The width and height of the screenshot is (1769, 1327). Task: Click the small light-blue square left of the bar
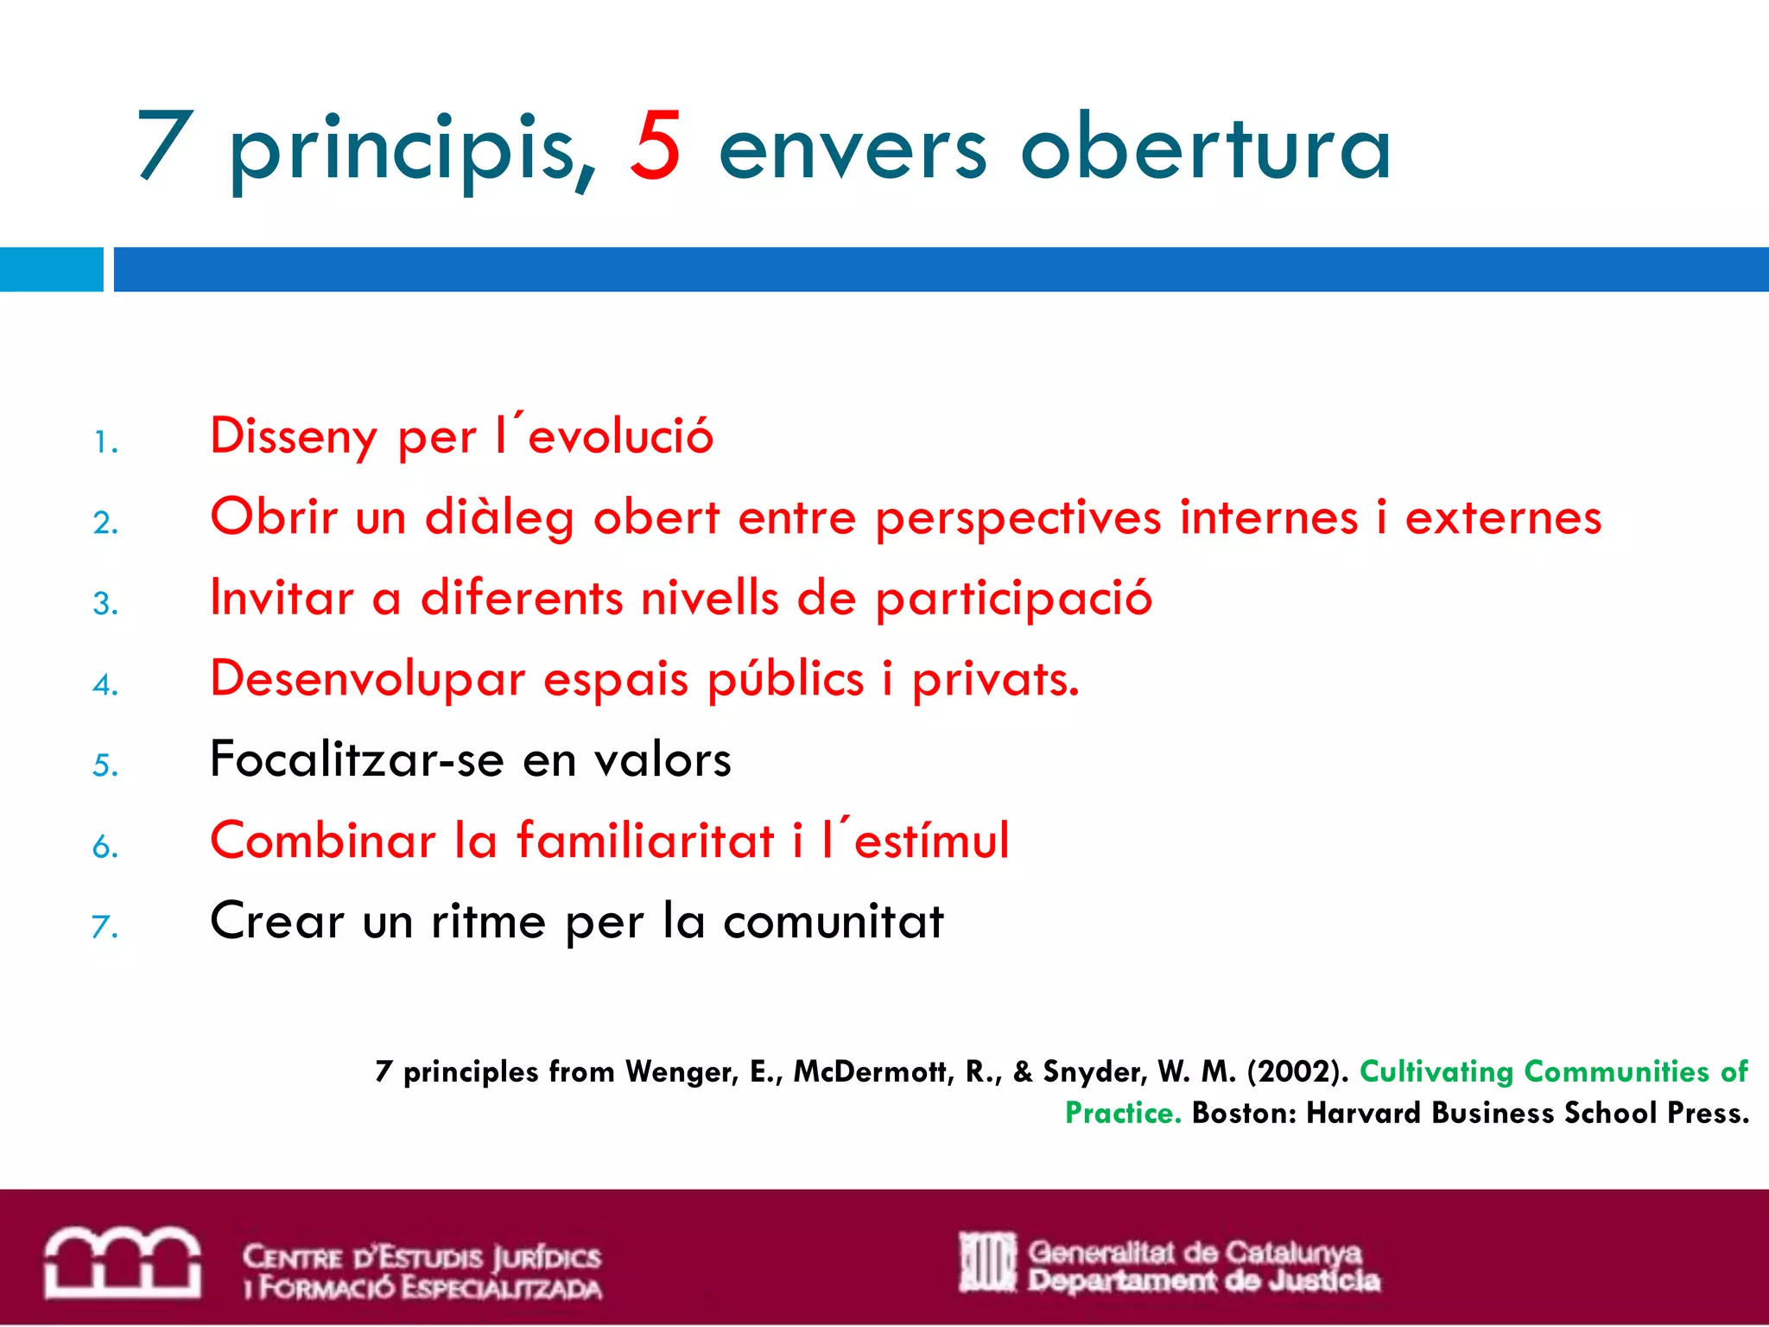click(51, 270)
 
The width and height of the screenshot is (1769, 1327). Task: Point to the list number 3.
click(105, 603)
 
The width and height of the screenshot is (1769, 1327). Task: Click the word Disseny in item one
click(294, 436)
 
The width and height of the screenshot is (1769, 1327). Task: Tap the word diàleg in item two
click(498, 517)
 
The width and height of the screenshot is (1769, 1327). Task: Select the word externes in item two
click(1503, 517)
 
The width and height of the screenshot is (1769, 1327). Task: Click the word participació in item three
click(1013, 599)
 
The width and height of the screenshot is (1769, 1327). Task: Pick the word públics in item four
click(785, 680)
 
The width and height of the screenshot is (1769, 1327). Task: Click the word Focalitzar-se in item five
click(357, 759)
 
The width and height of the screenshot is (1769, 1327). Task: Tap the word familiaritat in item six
click(645, 841)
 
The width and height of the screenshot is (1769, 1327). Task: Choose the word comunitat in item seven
click(834, 921)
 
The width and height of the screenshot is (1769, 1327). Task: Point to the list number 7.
click(105, 927)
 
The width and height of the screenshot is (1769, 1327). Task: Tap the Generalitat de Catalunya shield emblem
click(987, 1263)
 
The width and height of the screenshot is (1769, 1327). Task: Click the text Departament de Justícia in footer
click(1203, 1281)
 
